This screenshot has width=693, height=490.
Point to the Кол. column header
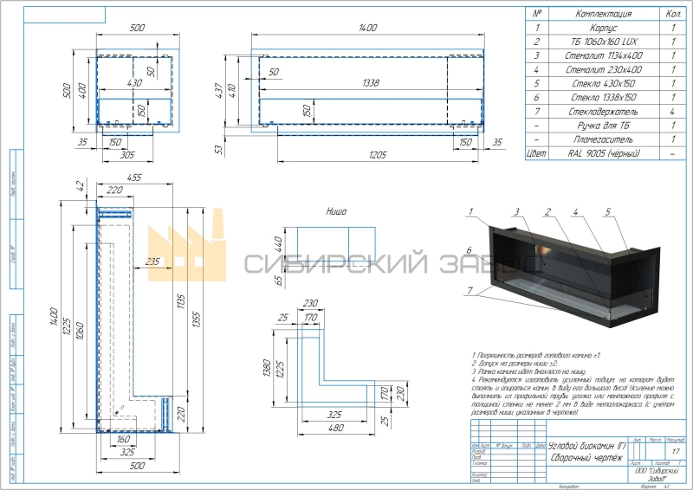pyautogui.click(x=672, y=14)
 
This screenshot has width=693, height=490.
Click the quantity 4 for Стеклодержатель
pyautogui.click(x=672, y=112)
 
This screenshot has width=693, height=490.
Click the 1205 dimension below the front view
pyautogui.click(x=377, y=156)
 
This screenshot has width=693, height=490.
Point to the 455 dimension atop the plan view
pyautogui.click(x=134, y=176)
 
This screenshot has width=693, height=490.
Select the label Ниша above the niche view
pyautogui.click(x=336, y=210)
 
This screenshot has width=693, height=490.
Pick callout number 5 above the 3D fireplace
pyautogui.click(x=608, y=211)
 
